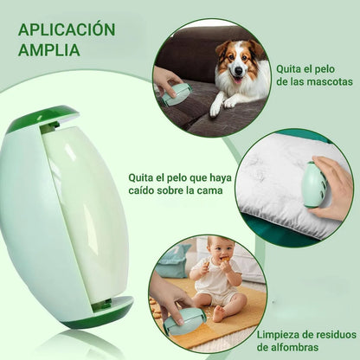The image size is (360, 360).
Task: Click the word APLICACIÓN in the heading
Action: pyautogui.click(x=67, y=29)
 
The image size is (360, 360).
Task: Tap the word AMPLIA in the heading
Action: pyautogui.click(x=48, y=49)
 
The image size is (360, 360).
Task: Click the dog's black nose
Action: pyautogui.click(x=238, y=70)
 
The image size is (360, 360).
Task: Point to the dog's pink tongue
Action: pyautogui.click(x=238, y=80)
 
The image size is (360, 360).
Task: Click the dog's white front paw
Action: pyautogui.click(x=215, y=109)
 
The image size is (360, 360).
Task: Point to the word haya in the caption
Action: pyautogui.click(x=220, y=178)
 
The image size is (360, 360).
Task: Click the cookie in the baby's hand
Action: pyautogui.click(x=226, y=259)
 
